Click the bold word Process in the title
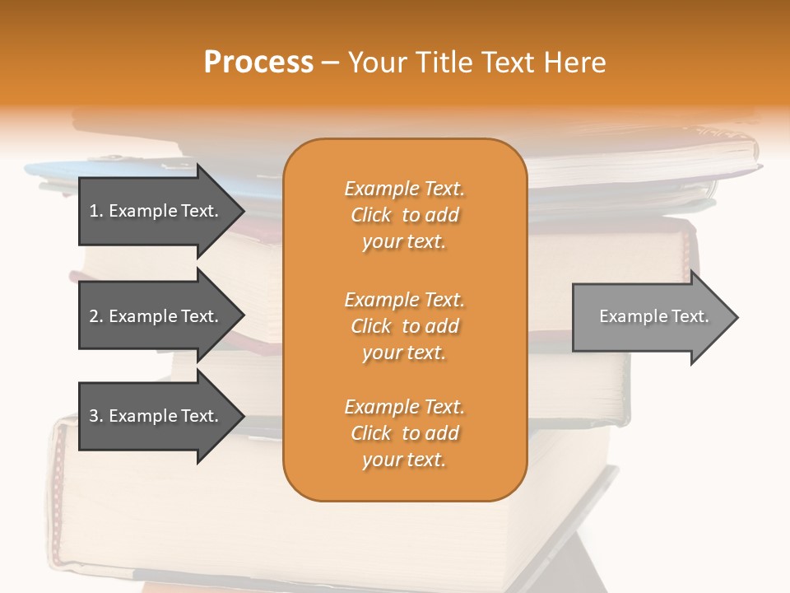tap(258, 63)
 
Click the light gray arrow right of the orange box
tap(650, 316)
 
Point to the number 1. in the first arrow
tap(96, 211)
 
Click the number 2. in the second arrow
tap(96, 316)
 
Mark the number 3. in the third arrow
tap(96, 416)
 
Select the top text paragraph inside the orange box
tap(404, 215)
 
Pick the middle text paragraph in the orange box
tap(404, 326)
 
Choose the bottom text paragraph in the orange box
tap(404, 433)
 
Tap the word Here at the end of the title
tap(574, 63)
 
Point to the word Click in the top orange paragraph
tap(371, 215)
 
